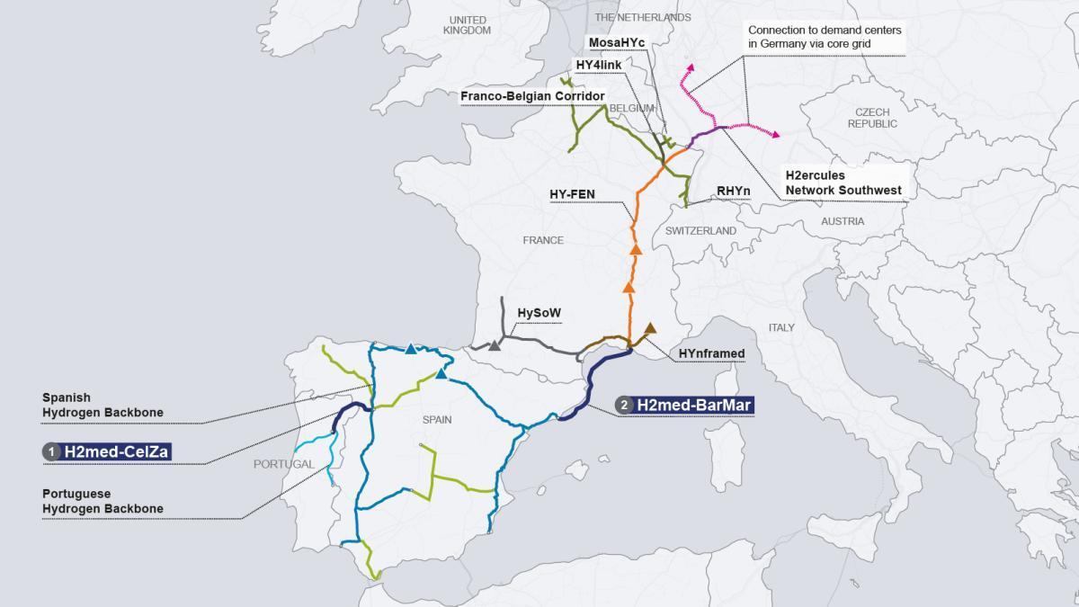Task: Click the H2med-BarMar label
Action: [x=693, y=406]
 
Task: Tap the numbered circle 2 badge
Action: [x=624, y=406]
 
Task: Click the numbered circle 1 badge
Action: [x=52, y=451]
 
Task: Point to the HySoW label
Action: [x=539, y=313]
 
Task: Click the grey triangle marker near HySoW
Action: [x=495, y=344]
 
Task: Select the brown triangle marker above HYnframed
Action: [x=650, y=329]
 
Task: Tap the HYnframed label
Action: [x=712, y=353]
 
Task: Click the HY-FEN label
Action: [x=572, y=194]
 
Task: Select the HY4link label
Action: [x=598, y=65]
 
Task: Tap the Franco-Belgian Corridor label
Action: [x=532, y=96]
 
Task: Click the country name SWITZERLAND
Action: [x=700, y=231]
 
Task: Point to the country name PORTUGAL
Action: [x=284, y=465]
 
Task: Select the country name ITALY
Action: [x=781, y=327]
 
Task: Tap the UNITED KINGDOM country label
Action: [x=467, y=25]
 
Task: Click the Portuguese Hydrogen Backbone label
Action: [x=103, y=501]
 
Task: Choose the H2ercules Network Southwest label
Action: [x=843, y=183]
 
